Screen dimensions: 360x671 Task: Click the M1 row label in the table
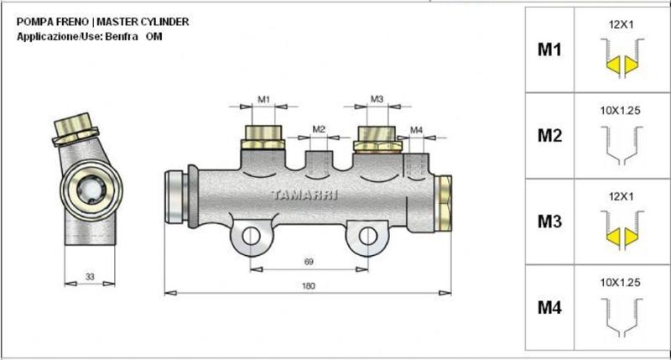(x=549, y=50)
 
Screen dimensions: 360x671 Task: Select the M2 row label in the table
(x=549, y=136)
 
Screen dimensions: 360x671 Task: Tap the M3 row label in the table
(x=549, y=222)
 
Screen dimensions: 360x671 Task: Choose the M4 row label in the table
(x=549, y=308)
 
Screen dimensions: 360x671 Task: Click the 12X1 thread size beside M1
(x=621, y=25)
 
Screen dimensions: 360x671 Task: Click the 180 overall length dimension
(x=308, y=286)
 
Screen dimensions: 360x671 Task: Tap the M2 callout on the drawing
(x=319, y=129)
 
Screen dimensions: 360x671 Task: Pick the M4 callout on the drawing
(x=417, y=130)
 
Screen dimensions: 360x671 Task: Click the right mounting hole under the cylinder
(x=367, y=237)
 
